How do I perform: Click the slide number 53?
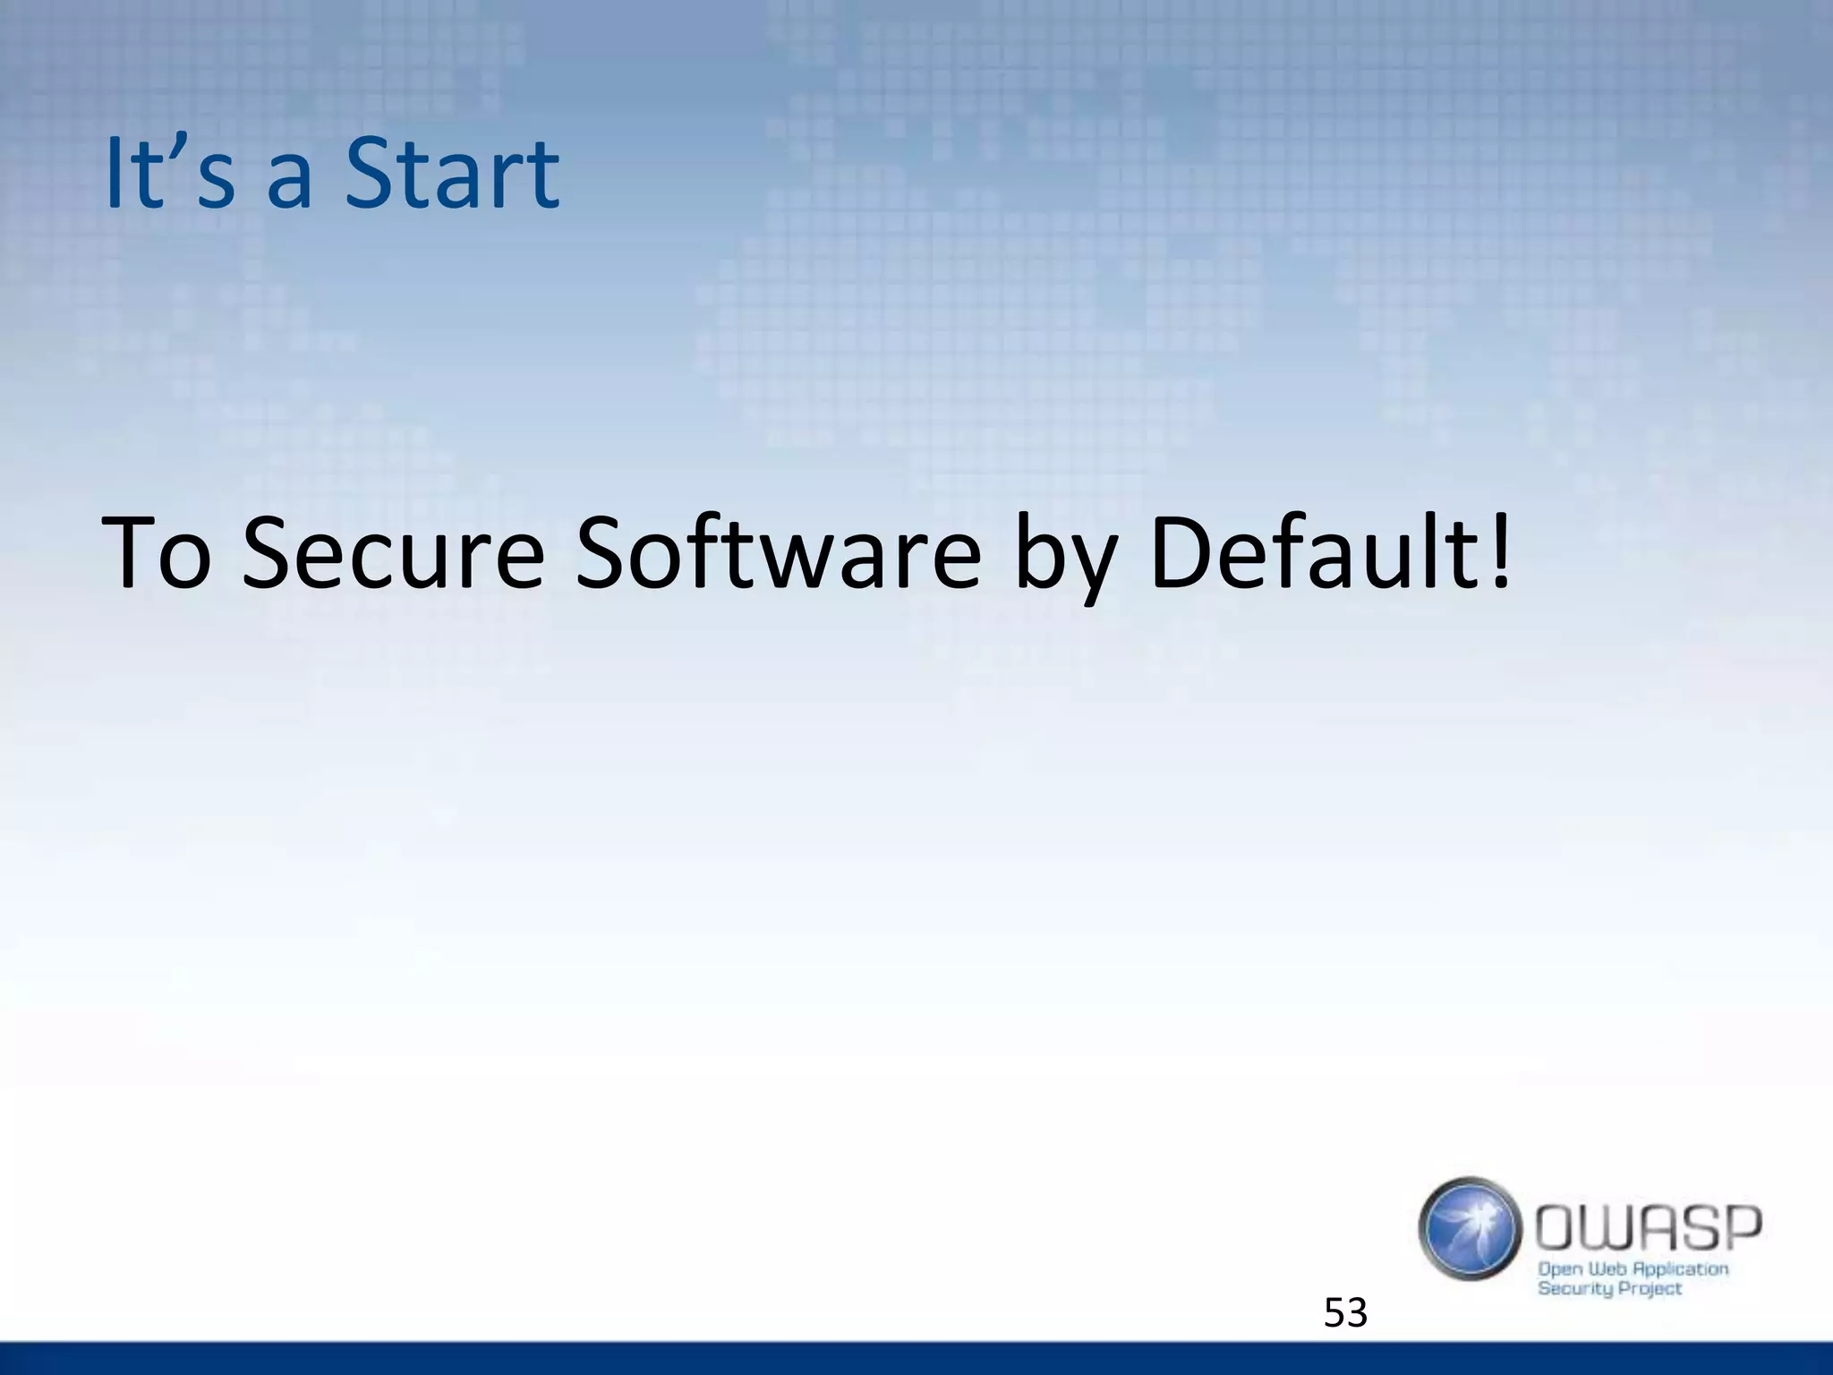[1345, 1313]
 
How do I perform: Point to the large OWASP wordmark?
[1649, 1229]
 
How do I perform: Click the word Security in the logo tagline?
[1574, 1289]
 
